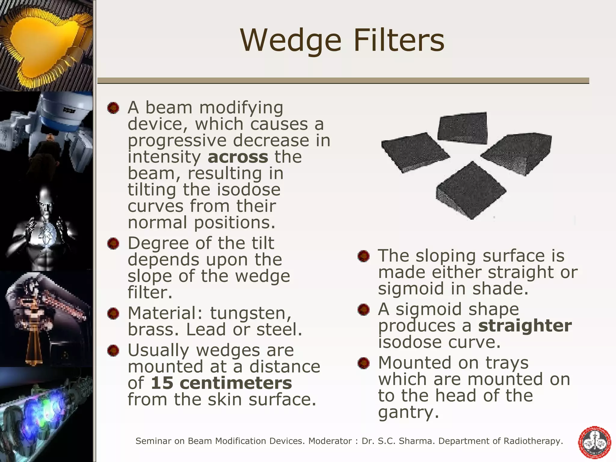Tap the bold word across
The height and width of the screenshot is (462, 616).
pyautogui.click(x=238, y=157)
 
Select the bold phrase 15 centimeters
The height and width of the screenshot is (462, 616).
pyautogui.click(x=221, y=383)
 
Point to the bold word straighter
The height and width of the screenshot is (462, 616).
pyautogui.click(x=525, y=325)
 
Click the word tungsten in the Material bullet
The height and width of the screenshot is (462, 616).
pyautogui.click(x=250, y=313)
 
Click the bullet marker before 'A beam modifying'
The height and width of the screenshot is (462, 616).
pyautogui.click(x=113, y=108)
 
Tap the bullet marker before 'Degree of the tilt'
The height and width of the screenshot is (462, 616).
pyautogui.click(x=113, y=243)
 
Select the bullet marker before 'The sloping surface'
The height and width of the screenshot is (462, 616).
pyautogui.click(x=363, y=256)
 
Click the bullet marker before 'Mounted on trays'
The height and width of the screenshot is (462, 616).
pyautogui.click(x=363, y=363)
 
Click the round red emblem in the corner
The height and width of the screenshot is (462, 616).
pyautogui.click(x=595, y=442)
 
